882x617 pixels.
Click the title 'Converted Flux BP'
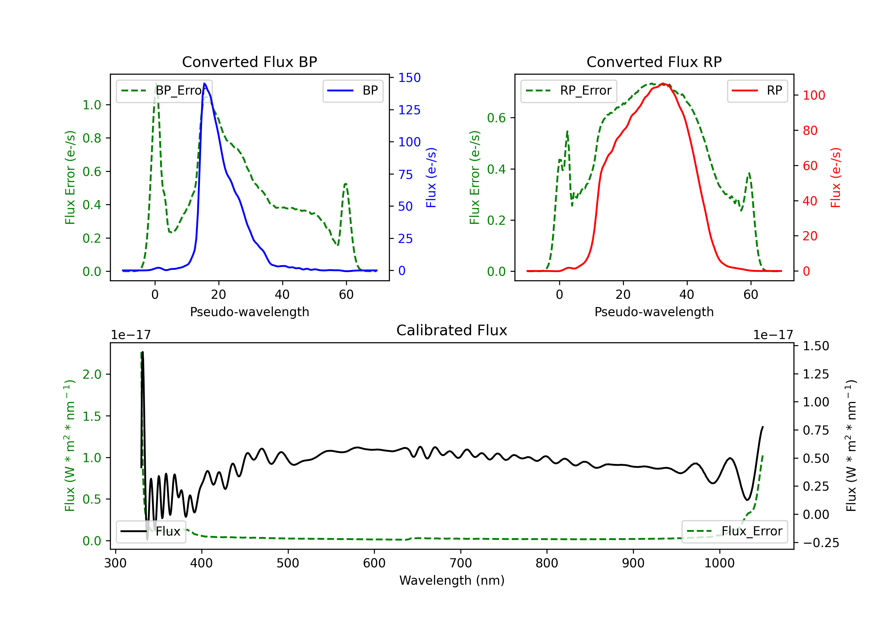point(249,62)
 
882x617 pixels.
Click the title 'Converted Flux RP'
point(654,62)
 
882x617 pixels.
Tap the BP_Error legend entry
point(164,90)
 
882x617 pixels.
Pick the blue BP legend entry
point(353,90)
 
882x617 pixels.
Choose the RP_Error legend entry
point(569,90)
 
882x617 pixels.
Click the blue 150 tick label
point(410,78)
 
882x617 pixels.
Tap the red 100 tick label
point(813,95)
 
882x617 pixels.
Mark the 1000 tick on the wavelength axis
point(719,563)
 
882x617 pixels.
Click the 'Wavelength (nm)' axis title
point(452,580)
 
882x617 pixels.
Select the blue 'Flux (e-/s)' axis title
point(431,177)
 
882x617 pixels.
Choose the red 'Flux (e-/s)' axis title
point(836,177)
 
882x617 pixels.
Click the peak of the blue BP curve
point(204,83)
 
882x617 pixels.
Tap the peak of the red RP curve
point(663,83)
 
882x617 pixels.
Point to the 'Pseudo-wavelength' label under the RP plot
point(654,312)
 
